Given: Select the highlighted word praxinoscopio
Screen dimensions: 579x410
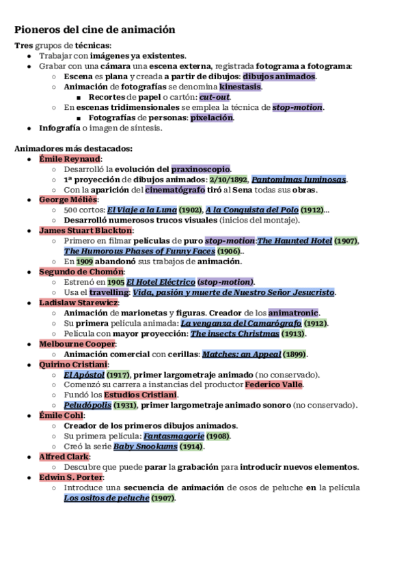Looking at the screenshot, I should tap(201, 169).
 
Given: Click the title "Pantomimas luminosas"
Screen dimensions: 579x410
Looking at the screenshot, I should tap(299, 179).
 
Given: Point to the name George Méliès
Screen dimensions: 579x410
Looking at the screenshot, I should tap(68, 199).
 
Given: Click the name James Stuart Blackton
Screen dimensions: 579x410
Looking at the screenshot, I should tap(85, 230).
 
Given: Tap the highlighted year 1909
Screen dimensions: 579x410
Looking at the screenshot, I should tap(85, 261).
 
